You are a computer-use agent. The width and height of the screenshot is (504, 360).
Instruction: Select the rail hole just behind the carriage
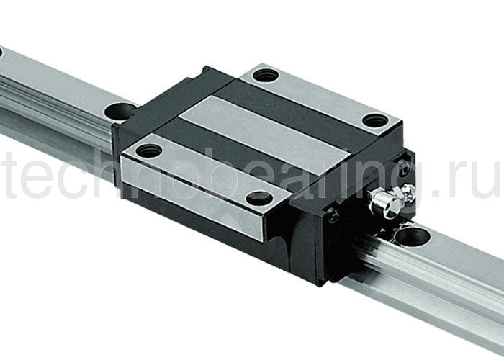coord(121,112)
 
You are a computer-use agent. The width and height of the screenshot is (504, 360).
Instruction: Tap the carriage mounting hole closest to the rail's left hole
coord(150,150)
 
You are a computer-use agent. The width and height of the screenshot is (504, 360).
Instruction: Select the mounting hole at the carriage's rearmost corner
coord(266,73)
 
